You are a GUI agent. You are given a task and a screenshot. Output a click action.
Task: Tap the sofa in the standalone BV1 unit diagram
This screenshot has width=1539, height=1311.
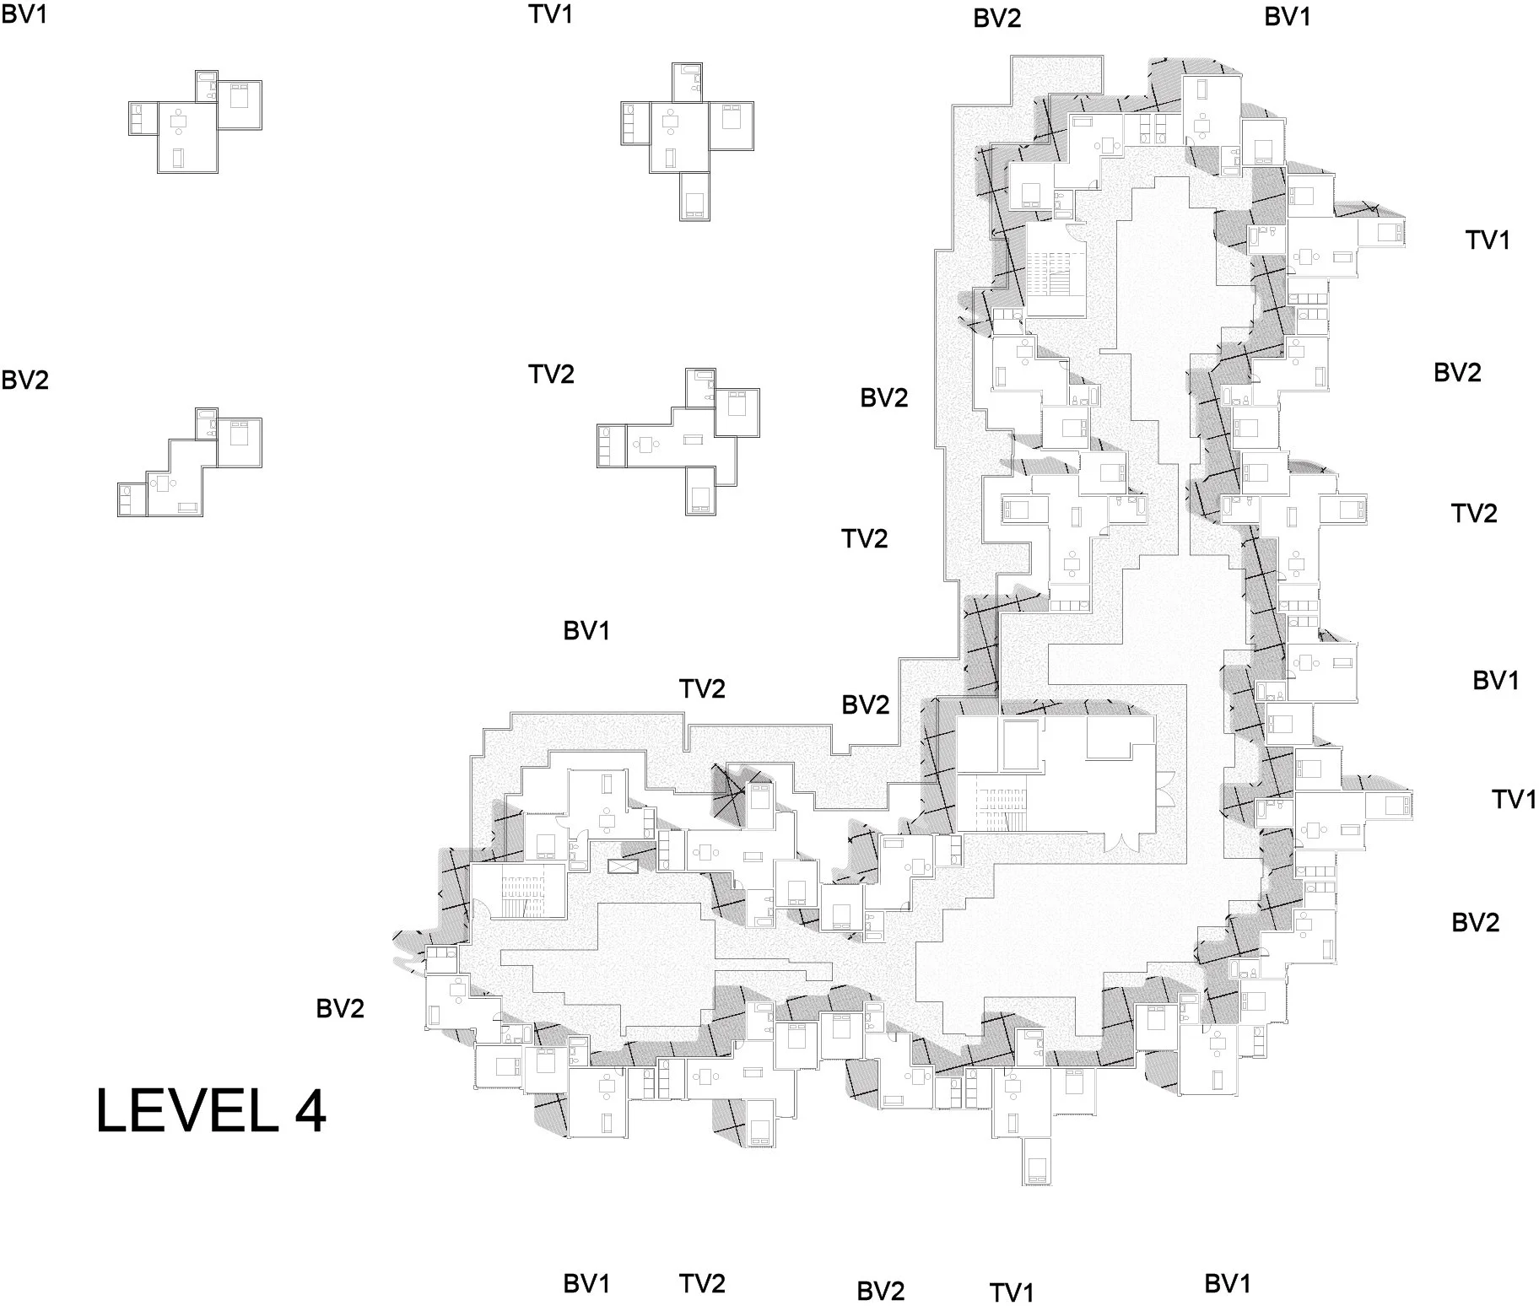pyautogui.click(x=177, y=158)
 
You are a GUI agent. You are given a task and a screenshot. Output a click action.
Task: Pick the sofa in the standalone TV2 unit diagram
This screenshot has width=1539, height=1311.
pyautogui.click(x=693, y=440)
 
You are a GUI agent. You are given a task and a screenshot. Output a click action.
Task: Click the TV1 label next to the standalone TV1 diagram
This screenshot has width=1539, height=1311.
pyautogui.click(x=551, y=14)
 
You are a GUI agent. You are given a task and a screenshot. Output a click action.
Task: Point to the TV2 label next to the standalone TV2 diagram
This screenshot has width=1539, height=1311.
pyautogui.click(x=551, y=374)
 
